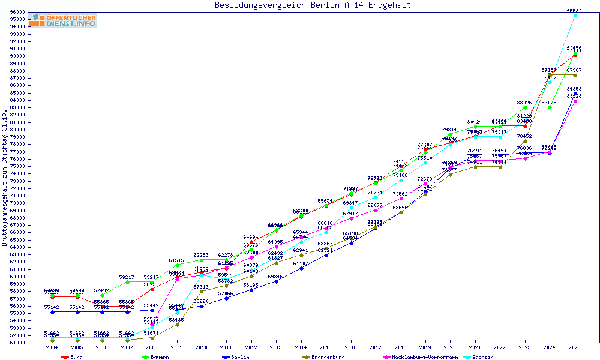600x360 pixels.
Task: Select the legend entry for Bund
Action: [73, 357]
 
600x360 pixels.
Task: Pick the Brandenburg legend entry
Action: [323, 357]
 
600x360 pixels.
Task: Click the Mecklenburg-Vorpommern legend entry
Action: [420, 357]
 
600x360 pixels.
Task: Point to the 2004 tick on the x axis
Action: [53, 347]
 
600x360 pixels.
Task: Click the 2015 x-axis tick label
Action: [326, 347]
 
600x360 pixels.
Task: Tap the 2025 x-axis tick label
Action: [575, 347]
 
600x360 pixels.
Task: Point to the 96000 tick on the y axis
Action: [17, 12]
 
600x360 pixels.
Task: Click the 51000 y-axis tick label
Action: [17, 343]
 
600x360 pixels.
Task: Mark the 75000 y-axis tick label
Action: [17, 166]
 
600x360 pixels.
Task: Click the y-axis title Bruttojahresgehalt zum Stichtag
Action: [5, 178]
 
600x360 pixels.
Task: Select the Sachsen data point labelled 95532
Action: [575, 16]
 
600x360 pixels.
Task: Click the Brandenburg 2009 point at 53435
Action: [177, 325]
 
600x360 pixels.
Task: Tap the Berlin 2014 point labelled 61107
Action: [301, 268]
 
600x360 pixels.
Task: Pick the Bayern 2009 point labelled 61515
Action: [177, 265]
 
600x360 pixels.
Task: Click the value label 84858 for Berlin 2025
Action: [574, 89]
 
